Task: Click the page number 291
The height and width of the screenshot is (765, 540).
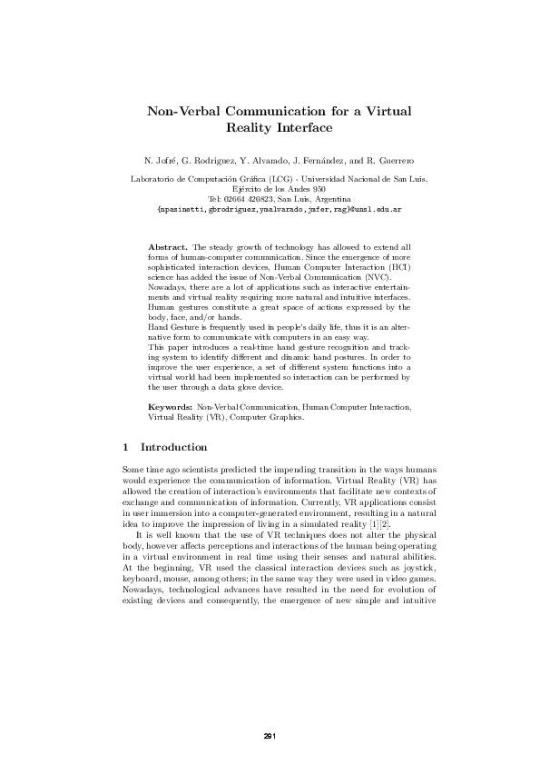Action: point(270,735)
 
